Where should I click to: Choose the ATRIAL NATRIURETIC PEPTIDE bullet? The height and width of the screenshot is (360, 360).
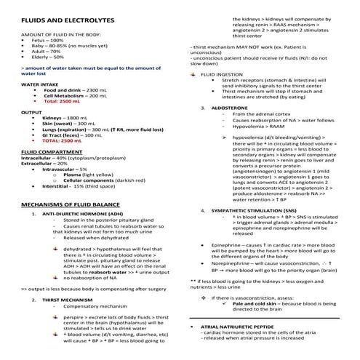(244, 327)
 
